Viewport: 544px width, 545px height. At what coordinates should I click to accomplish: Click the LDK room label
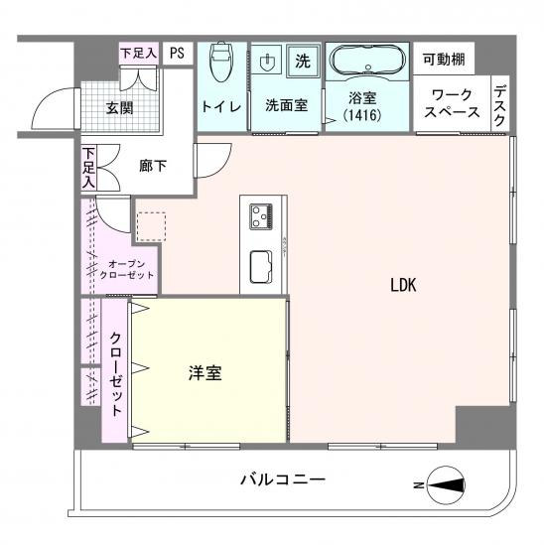coord(402,285)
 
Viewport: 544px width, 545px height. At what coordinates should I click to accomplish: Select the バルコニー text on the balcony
coord(283,480)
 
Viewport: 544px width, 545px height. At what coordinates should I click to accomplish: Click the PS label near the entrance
coord(176,54)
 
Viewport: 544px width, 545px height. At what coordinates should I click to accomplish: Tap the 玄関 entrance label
coord(121,108)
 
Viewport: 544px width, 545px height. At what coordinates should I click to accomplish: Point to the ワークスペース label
coord(451,104)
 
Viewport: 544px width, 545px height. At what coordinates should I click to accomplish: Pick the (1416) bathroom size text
coord(365,117)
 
